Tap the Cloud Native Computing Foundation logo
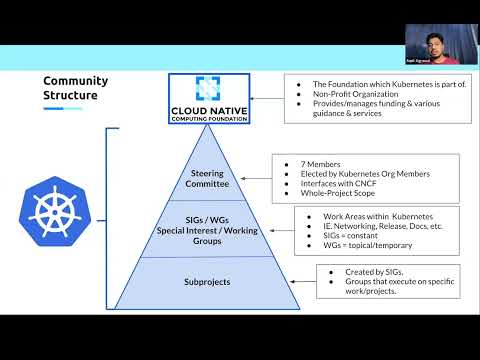click(209, 97)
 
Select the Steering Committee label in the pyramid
click(209, 178)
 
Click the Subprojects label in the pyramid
click(209, 281)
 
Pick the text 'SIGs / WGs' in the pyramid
click(209, 220)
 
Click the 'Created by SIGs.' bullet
click(329, 271)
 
